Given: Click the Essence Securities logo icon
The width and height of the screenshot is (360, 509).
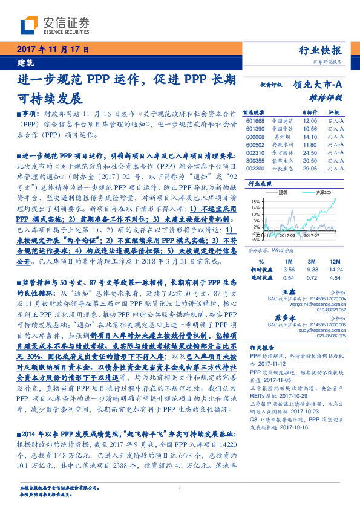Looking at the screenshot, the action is pos(30,25).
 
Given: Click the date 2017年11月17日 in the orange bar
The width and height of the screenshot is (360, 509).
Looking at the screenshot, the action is pos(53,50).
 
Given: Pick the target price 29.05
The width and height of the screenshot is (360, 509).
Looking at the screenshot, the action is pos(310,169).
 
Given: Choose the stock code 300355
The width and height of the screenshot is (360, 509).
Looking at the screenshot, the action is pos(255,161).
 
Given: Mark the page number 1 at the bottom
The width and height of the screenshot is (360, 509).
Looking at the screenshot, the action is pos(180,489).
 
